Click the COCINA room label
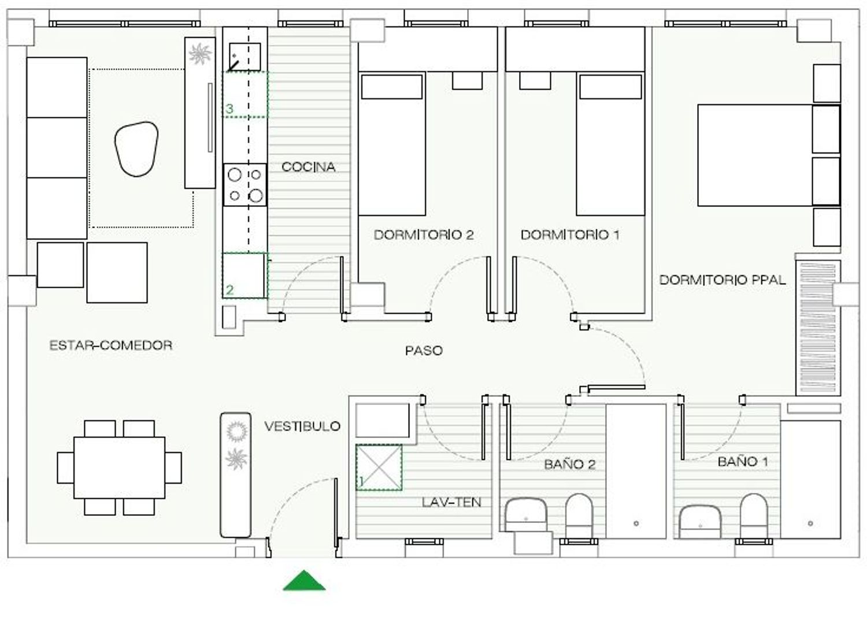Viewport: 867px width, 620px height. point(308,167)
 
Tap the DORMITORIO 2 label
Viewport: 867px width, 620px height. point(424,235)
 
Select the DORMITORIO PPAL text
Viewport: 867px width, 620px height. point(722,280)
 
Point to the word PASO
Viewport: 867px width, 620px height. point(424,350)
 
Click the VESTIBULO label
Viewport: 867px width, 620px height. point(302,426)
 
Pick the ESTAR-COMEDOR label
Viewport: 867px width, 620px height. point(111,345)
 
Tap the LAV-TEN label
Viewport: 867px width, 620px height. point(451,502)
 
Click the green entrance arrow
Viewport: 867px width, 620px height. point(304,580)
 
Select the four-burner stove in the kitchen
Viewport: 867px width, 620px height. point(245,184)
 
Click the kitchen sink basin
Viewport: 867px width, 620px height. point(244,57)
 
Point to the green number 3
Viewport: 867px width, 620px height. point(229,109)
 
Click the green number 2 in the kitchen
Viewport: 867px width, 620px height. point(229,290)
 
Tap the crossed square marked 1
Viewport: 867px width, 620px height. point(379,467)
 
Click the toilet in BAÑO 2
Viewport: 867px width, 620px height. point(579,515)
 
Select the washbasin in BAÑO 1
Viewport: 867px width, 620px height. point(700,521)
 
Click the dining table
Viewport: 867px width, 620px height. point(119,467)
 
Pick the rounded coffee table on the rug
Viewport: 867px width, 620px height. point(136,149)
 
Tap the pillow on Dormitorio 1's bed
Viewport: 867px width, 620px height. point(610,87)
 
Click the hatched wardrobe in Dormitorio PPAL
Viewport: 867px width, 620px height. point(818,328)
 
